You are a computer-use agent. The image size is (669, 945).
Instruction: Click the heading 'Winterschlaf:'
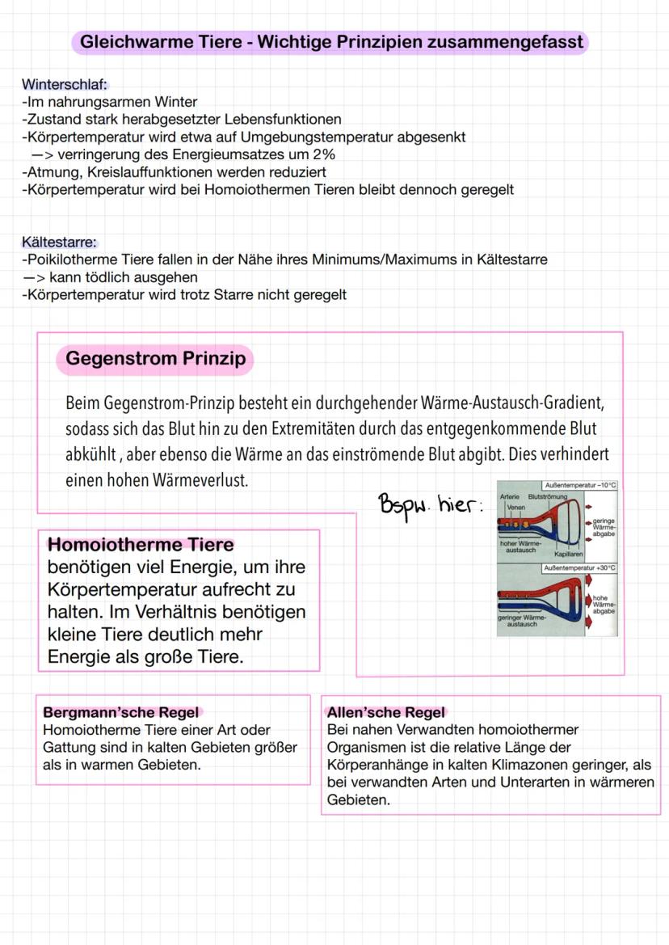coord(65,85)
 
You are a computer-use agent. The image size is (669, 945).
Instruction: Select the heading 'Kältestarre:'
coord(60,243)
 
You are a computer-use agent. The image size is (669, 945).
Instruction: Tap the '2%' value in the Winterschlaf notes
coord(323,154)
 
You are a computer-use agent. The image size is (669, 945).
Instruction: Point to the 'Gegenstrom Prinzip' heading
coord(155,359)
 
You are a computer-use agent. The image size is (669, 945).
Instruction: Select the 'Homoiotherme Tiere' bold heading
coord(141,545)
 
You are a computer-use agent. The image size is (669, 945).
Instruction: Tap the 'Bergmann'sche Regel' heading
coord(120,713)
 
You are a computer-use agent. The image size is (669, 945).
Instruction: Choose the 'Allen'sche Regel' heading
coord(385,713)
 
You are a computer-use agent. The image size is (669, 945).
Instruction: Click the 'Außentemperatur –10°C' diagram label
coord(580,485)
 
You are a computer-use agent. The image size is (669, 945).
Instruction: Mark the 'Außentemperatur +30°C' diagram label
coord(579,568)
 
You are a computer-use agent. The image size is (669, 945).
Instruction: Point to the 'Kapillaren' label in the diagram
coord(568,555)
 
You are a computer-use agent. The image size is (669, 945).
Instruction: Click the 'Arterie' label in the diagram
coord(509,496)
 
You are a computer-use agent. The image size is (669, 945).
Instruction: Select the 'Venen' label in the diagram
coord(515,508)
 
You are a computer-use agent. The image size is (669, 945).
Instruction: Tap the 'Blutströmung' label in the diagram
coord(547,496)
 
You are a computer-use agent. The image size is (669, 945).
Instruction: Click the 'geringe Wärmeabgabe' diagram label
coord(604,528)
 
